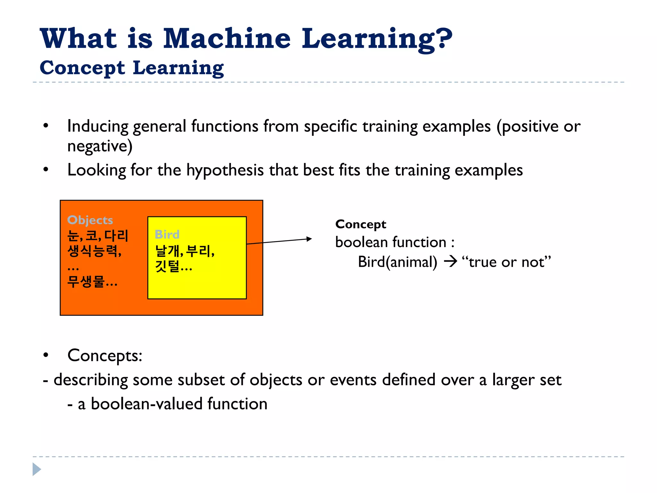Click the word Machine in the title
pyautogui.click(x=227, y=39)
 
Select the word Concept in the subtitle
pyautogui.click(x=82, y=68)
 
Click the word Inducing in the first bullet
pyautogui.click(x=98, y=126)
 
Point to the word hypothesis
pyautogui.click(x=225, y=170)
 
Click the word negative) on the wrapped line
pyautogui.click(x=100, y=146)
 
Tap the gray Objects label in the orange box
pyautogui.click(x=90, y=220)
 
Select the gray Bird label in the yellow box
pyautogui.click(x=167, y=234)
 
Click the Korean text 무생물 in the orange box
pyautogui.click(x=86, y=282)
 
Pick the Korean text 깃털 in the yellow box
pyautogui.click(x=167, y=266)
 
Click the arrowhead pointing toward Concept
pyautogui.click(x=309, y=239)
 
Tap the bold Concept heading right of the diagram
pyautogui.click(x=361, y=224)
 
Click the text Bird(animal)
pyautogui.click(x=397, y=262)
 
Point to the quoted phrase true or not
pyautogui.click(x=506, y=262)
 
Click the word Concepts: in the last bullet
pyautogui.click(x=105, y=356)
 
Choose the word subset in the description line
pyautogui.click(x=201, y=380)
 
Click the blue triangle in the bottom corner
pyautogui.click(x=37, y=469)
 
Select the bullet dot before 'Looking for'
pyautogui.click(x=46, y=169)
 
